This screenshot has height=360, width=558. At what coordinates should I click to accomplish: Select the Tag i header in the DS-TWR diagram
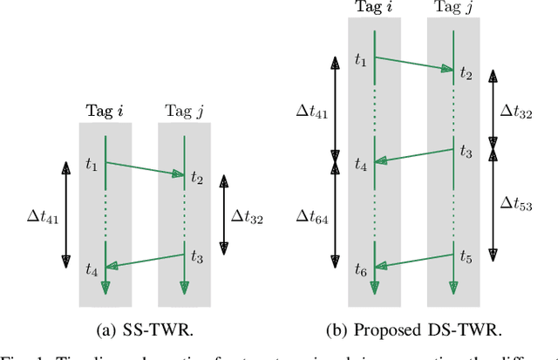pos(374,7)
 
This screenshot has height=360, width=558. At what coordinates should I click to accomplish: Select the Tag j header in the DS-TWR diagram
pos(453,7)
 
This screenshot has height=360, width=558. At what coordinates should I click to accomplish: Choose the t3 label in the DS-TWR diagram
pos(465,153)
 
